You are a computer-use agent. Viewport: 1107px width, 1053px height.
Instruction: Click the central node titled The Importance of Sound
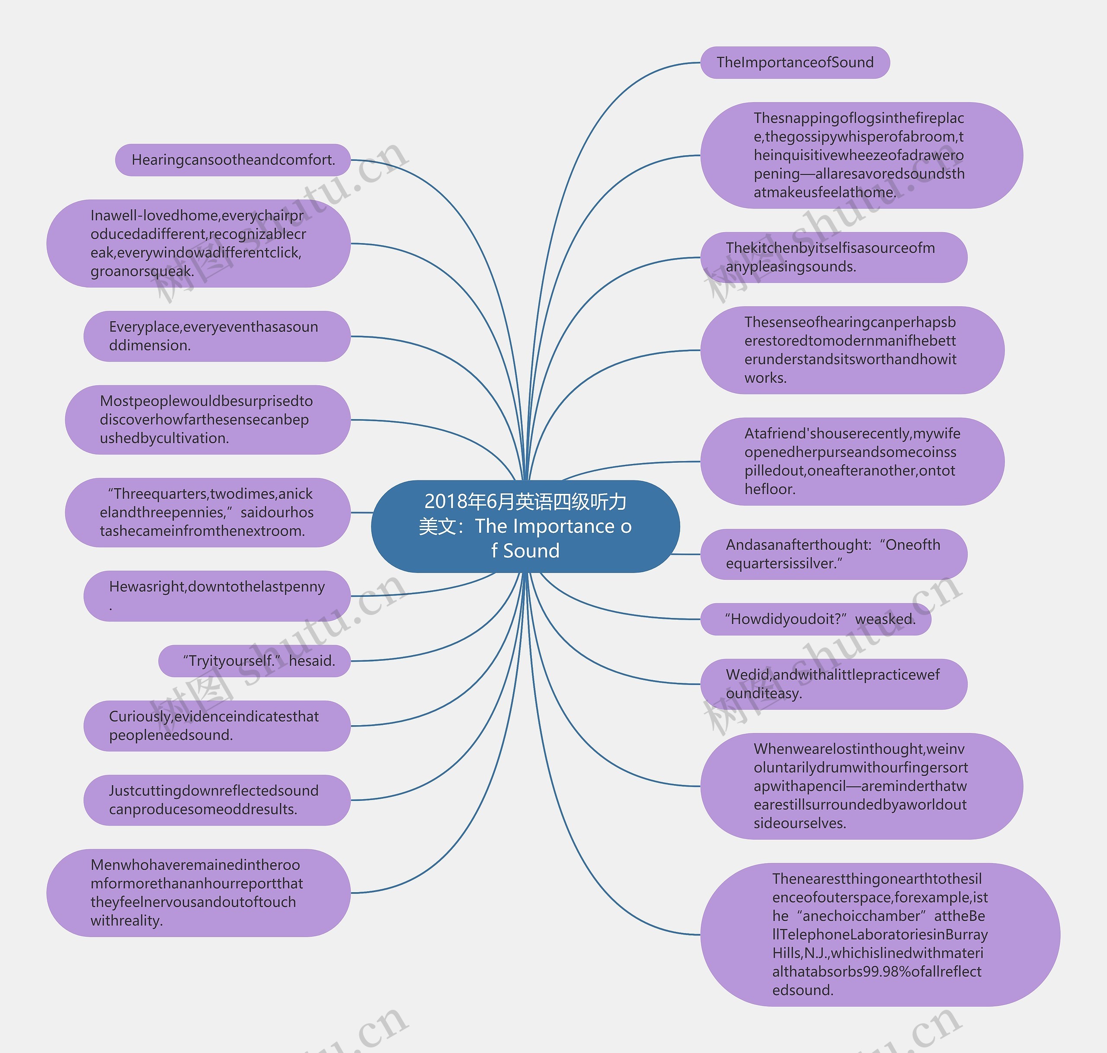tap(525, 526)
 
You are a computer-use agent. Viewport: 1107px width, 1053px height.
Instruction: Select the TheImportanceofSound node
tap(794, 62)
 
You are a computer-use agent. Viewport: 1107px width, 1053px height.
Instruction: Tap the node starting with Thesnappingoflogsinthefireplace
tap(861, 155)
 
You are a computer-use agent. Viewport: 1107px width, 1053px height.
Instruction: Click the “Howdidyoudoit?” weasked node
tap(815, 619)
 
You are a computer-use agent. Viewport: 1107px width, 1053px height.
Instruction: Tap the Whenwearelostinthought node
tap(861, 786)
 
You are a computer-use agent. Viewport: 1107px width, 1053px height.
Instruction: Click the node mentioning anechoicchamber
tap(879, 934)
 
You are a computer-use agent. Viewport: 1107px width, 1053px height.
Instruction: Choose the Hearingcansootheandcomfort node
tap(233, 160)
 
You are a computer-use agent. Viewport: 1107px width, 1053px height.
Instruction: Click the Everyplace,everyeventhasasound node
tap(217, 336)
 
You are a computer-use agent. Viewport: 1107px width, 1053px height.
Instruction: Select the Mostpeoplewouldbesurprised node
tap(207, 419)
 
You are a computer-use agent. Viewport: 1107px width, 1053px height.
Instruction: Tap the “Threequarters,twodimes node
tap(207, 512)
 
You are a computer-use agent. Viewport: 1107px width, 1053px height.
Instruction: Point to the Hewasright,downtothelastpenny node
tap(217, 595)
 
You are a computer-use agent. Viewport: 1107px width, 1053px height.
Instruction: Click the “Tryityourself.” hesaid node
tap(254, 661)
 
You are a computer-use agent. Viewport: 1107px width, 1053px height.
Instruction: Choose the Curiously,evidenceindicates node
tap(217, 726)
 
